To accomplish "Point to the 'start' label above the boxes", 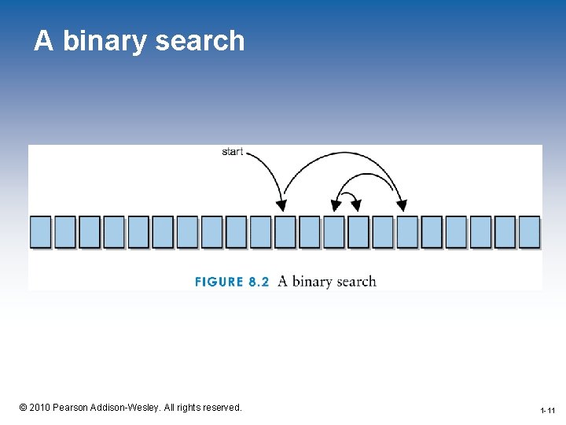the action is point(233,151).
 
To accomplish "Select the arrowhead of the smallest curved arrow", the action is point(356,206).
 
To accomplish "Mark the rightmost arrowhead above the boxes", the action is point(402,206).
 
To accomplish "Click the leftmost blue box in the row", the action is point(40,232).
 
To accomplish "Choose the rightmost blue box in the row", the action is point(529,232).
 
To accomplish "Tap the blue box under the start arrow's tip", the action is point(285,232).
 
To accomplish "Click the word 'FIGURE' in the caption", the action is point(219,282).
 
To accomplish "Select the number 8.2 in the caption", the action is point(259,282).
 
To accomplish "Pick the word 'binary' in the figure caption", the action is point(312,282).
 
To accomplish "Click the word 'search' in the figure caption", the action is point(355,282).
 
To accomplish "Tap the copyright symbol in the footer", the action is point(23,408).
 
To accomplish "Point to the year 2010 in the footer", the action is point(41,408).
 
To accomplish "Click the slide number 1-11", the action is point(548,411).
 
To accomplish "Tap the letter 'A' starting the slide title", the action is point(44,41).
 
